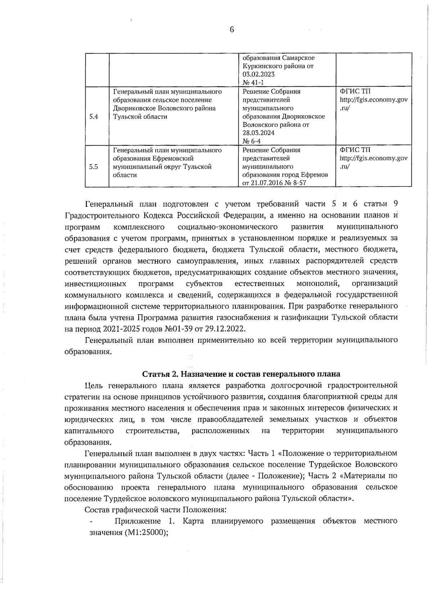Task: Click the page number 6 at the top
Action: coord(231,30)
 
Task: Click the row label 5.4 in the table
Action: coord(94,117)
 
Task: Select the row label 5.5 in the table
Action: coord(94,167)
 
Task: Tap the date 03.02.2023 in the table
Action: coord(258,74)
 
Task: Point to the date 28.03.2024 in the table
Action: coord(258,133)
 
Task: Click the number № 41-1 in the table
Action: coord(253,83)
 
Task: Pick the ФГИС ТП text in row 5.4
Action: coord(355,91)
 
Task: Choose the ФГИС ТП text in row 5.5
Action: coord(355,150)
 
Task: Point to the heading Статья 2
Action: coord(160,374)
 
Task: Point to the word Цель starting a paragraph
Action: coord(94,386)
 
